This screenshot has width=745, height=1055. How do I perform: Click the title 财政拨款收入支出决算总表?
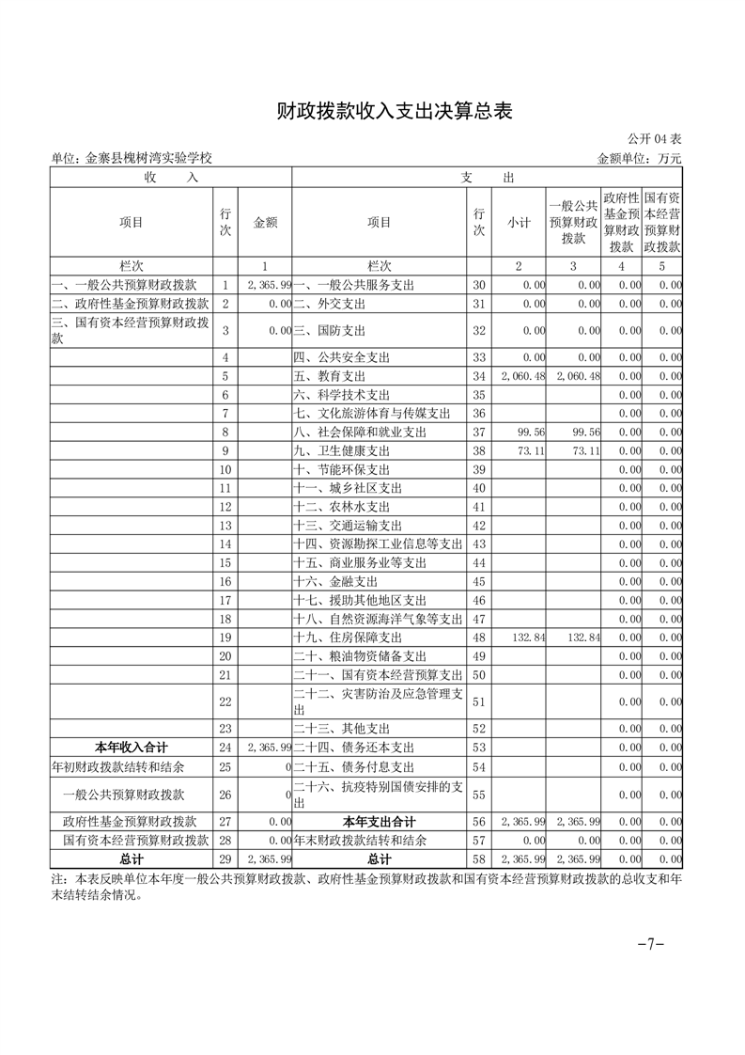(x=395, y=112)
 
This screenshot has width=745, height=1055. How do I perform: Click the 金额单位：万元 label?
(x=640, y=158)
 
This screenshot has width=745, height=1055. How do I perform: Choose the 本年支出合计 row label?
(x=379, y=822)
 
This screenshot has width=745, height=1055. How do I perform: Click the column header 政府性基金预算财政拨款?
(x=621, y=222)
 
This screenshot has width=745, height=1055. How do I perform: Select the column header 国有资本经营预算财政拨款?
(x=662, y=222)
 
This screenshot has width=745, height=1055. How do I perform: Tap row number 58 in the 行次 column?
(x=479, y=859)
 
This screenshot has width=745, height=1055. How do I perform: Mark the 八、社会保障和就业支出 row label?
(x=360, y=432)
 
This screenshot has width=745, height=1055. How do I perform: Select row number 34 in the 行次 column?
(x=479, y=376)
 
